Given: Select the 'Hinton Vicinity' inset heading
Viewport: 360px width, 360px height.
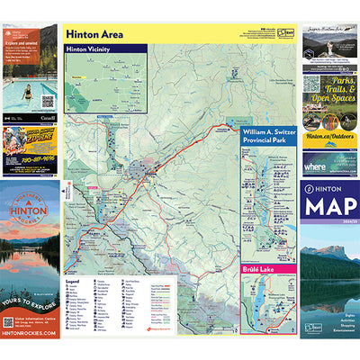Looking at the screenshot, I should tap(87, 49).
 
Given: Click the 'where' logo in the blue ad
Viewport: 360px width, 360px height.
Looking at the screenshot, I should tap(316, 166).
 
